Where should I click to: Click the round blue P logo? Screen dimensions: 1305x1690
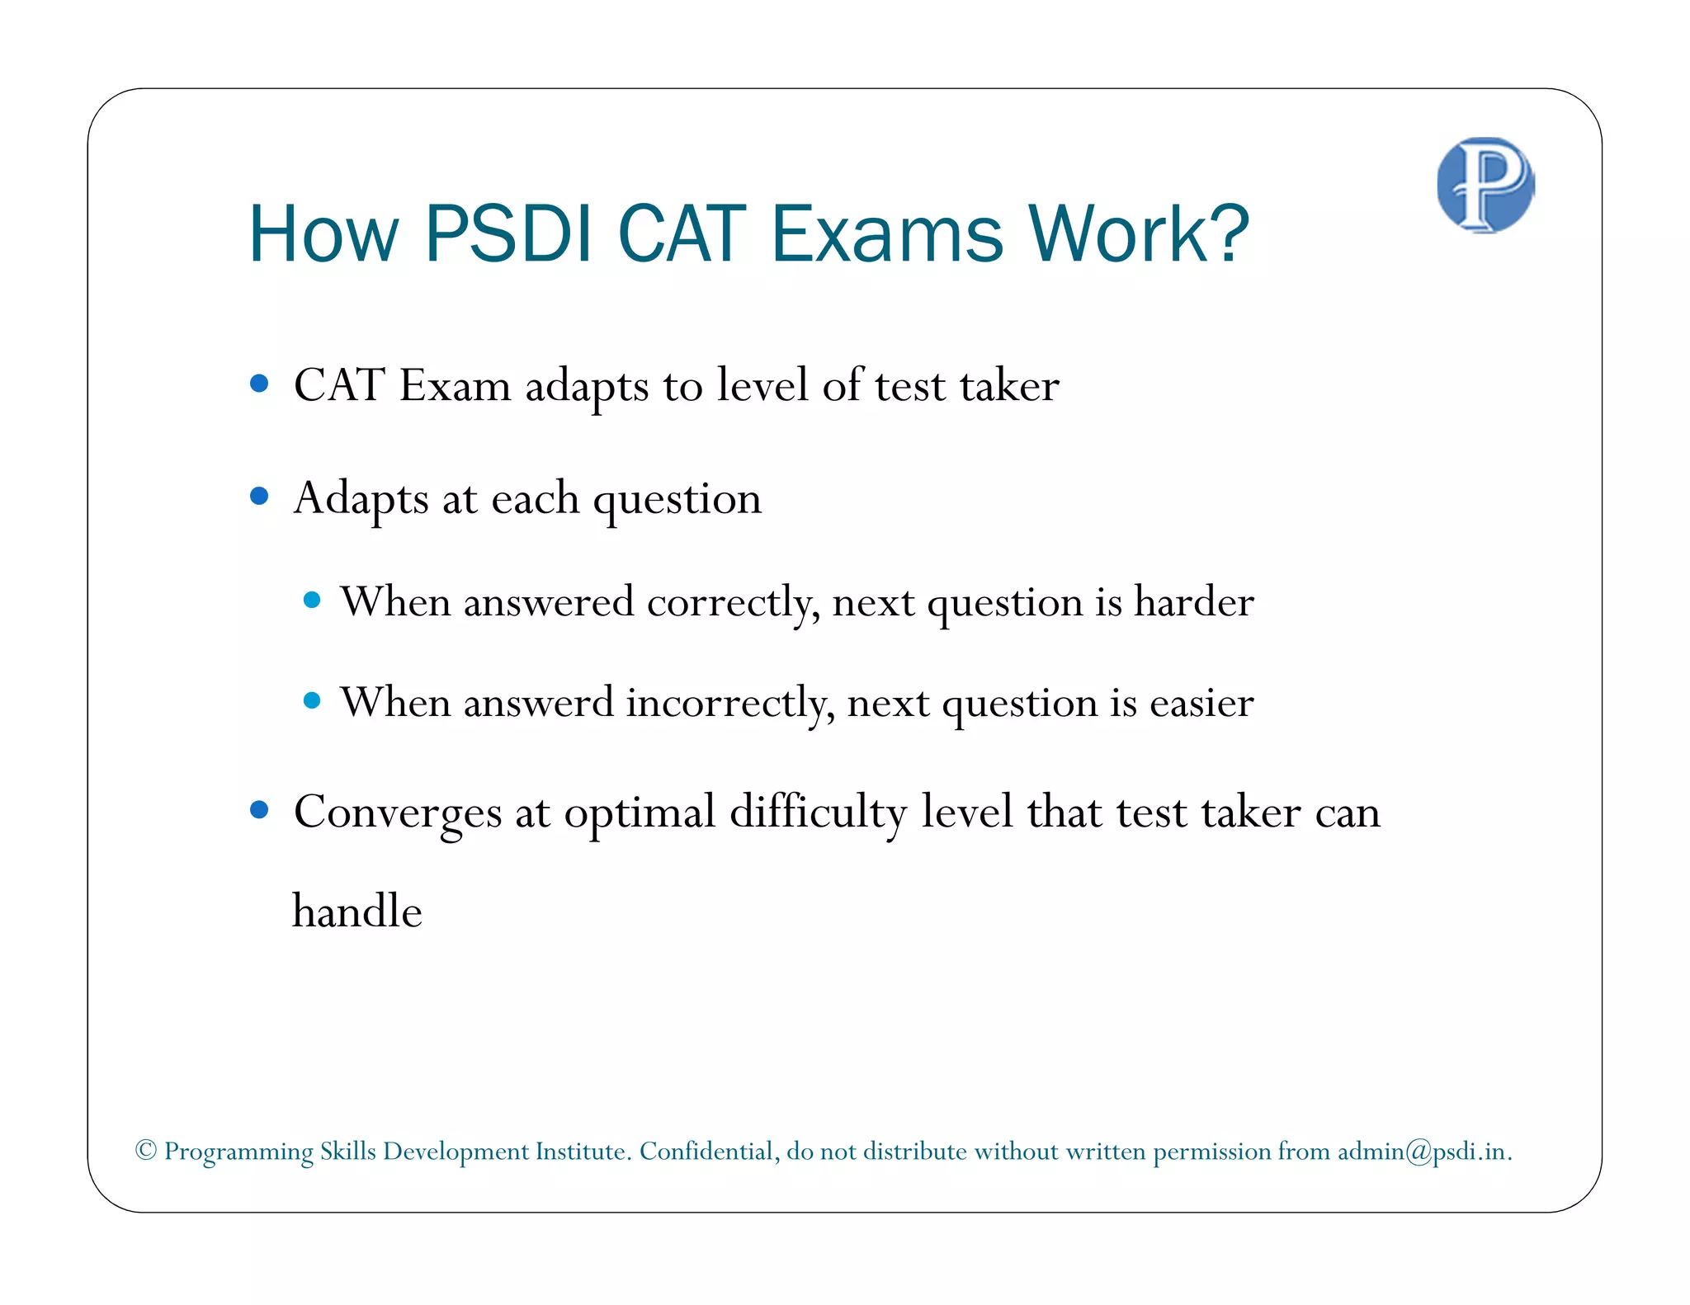click(x=1485, y=185)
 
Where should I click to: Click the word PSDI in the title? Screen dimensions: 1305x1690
click(x=508, y=234)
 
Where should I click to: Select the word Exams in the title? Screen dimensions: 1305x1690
click(x=887, y=234)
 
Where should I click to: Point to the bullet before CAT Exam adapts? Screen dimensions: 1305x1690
click(x=259, y=384)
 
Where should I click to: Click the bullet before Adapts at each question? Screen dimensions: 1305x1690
click(x=259, y=496)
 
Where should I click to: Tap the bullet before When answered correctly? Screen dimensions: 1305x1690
click(x=312, y=600)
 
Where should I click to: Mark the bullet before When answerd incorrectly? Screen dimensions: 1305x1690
click(x=312, y=701)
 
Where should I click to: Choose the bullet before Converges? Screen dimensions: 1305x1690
click(x=259, y=811)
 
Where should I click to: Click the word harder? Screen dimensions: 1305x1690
click(x=1193, y=602)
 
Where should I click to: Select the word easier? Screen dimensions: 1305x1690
click(x=1201, y=704)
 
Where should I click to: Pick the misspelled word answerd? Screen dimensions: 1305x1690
click(x=538, y=704)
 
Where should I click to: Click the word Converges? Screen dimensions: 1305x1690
click(x=397, y=813)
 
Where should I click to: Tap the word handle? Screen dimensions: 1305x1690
click(x=357, y=912)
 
